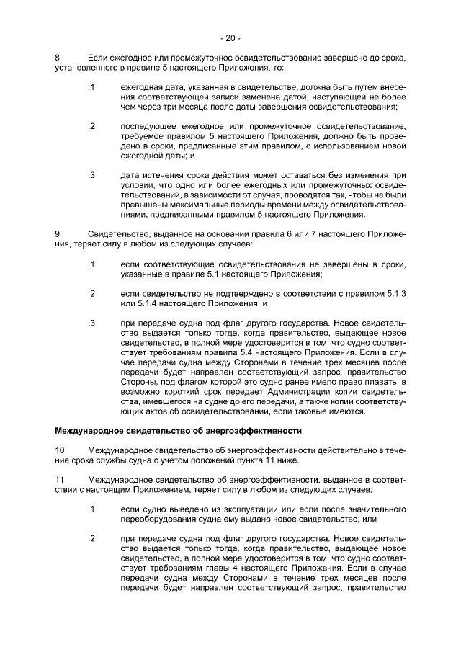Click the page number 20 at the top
tap(230, 37)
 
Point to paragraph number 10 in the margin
tap(61, 450)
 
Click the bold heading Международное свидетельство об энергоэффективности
tap(178, 431)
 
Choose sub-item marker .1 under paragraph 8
tap(91, 88)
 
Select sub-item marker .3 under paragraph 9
tap(91, 323)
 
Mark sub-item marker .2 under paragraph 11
tap(91, 537)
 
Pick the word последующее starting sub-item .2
tap(150, 127)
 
